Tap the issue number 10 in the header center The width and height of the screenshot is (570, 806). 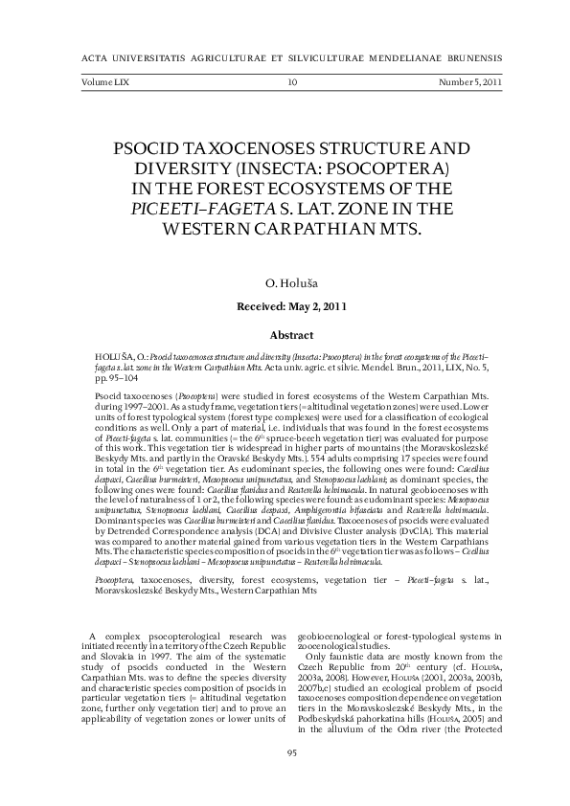(292, 83)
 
